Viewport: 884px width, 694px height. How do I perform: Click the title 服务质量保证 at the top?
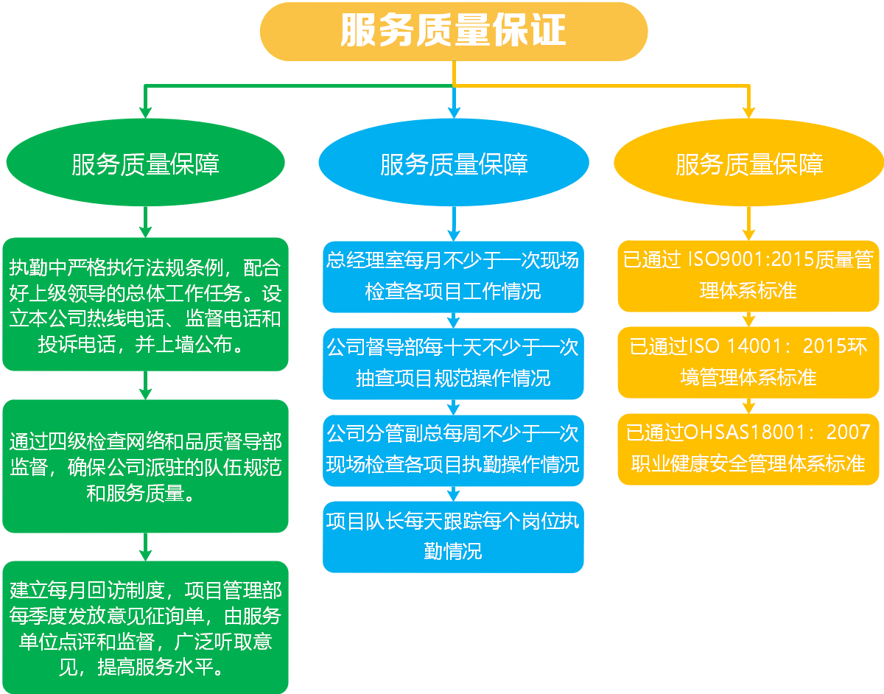coord(453,32)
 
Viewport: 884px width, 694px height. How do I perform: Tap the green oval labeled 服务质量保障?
coord(145,164)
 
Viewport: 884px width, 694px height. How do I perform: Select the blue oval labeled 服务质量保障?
coord(454,164)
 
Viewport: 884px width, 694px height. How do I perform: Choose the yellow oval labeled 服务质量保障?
coord(748,164)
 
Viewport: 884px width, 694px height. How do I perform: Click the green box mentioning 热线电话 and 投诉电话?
coord(145,304)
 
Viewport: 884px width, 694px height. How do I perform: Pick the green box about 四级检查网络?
coord(145,466)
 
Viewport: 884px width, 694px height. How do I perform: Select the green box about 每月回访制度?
coord(145,627)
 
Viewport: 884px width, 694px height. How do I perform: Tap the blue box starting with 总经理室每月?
coord(453,276)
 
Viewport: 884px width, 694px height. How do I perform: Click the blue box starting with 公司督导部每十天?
coord(453,363)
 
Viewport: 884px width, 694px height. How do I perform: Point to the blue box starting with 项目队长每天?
coord(453,536)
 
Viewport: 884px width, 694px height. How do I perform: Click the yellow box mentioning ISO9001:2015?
coord(748,275)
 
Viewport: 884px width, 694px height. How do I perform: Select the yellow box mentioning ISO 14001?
coord(748,362)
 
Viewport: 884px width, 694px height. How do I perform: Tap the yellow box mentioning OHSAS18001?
coord(748,449)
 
